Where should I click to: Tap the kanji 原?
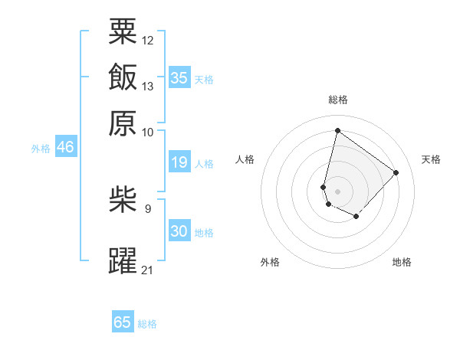click(x=123, y=123)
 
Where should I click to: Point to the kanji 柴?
click(x=123, y=201)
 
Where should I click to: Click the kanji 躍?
click(x=123, y=260)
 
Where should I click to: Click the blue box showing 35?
click(x=179, y=77)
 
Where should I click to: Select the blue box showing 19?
click(x=179, y=162)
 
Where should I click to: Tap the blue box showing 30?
click(x=179, y=231)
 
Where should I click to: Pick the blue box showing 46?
click(x=65, y=148)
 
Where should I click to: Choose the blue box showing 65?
click(x=123, y=322)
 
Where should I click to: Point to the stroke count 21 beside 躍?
click(x=148, y=270)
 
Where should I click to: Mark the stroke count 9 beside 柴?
click(x=148, y=208)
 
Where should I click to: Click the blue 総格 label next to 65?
click(x=147, y=324)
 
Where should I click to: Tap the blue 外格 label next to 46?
click(x=41, y=149)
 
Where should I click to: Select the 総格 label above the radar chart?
click(x=338, y=100)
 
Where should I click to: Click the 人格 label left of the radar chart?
click(x=245, y=159)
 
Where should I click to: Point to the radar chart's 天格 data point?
click(x=396, y=172)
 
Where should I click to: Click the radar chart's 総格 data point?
click(x=337, y=130)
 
